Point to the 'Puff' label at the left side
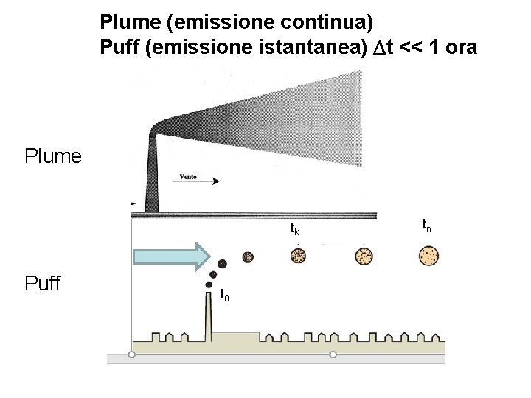tap(43, 283)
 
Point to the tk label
tap(294, 229)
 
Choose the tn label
tap(426, 223)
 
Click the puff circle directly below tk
tap(298, 256)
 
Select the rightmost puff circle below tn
tap(428, 256)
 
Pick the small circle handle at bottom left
tap(131, 355)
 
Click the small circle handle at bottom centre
tap(333, 355)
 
